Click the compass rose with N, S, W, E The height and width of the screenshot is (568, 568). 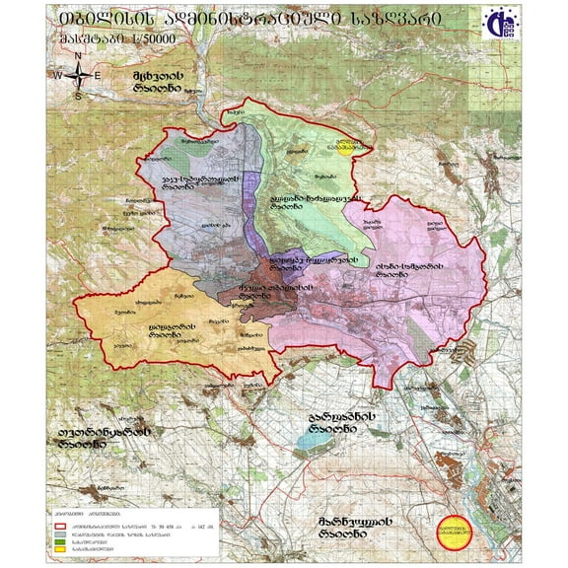click(78, 75)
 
